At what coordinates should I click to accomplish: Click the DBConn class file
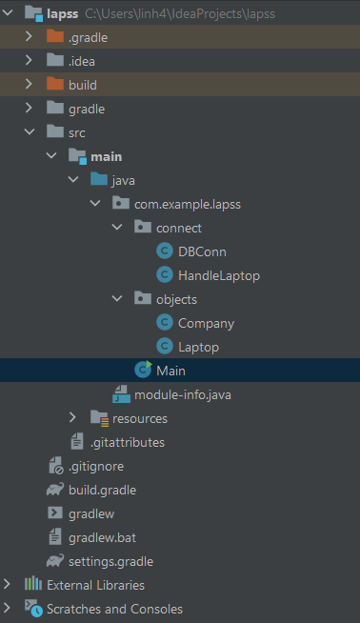click(202, 251)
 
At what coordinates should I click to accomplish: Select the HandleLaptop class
click(218, 275)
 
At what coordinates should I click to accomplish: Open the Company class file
click(206, 323)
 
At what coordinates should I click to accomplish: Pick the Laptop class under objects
click(198, 347)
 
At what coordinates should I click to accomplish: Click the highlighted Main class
click(171, 371)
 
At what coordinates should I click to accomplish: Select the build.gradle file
click(102, 490)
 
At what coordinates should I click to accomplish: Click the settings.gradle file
click(110, 561)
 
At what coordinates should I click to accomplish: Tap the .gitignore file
click(95, 466)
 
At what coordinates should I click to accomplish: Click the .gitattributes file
click(127, 442)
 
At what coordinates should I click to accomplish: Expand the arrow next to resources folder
click(72, 418)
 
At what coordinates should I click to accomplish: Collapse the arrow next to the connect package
click(116, 228)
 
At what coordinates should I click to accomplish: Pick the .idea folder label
click(81, 61)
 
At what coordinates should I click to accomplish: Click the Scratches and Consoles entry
click(114, 609)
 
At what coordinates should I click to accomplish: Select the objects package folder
click(176, 299)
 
